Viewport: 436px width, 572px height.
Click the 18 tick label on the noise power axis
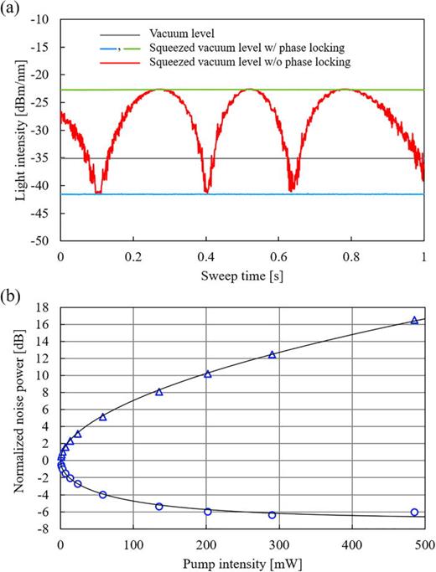pos(43,307)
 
